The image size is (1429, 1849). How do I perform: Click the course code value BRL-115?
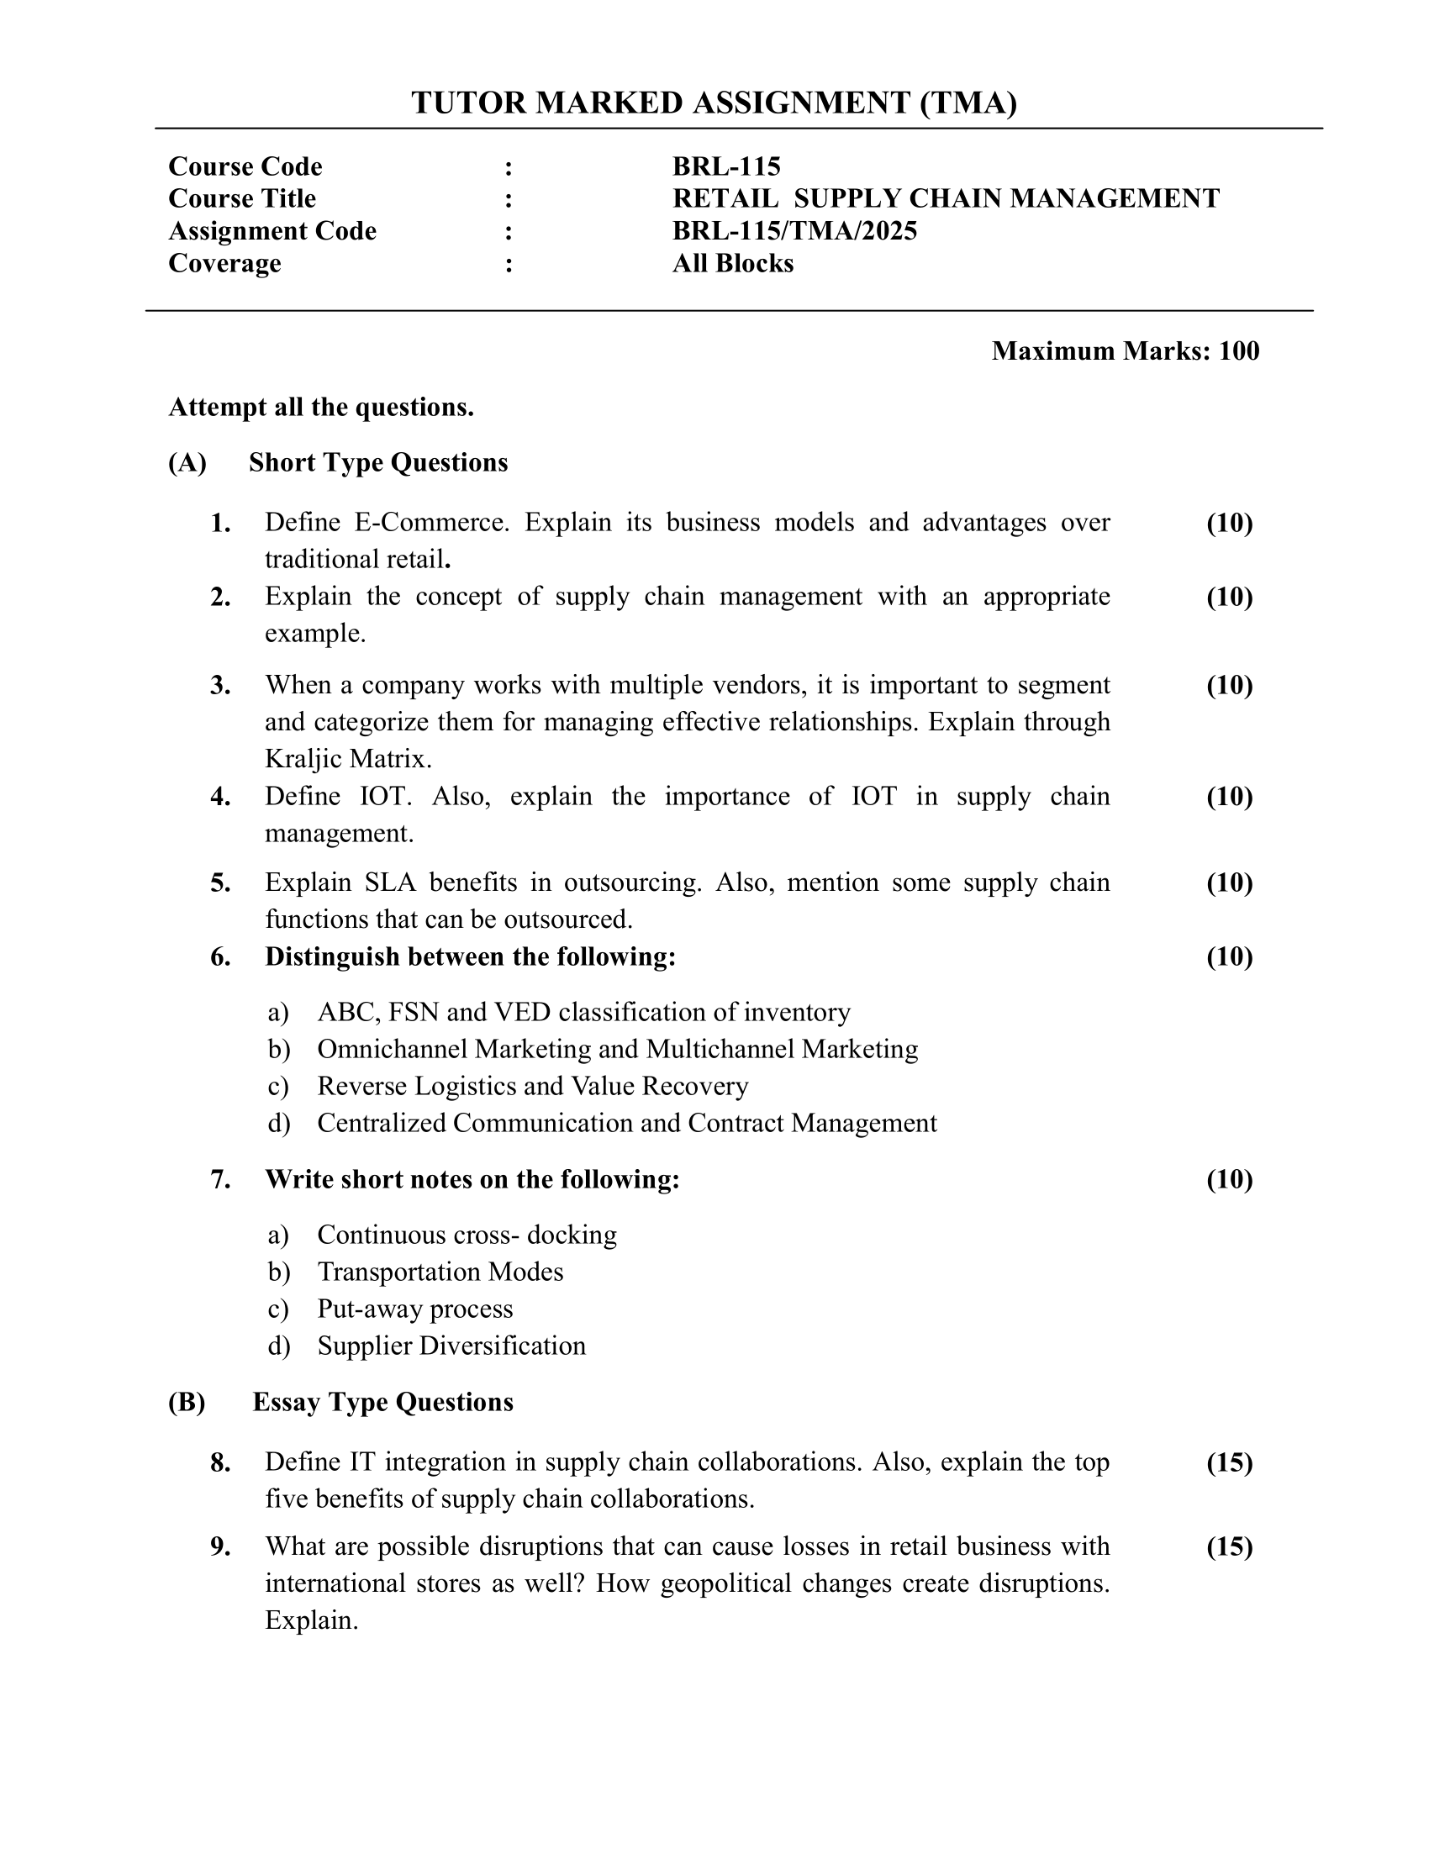click(x=726, y=166)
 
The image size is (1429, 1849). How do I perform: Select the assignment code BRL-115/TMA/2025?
click(x=794, y=231)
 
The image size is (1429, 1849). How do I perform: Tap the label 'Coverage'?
click(x=224, y=263)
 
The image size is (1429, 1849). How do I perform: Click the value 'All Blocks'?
click(x=732, y=263)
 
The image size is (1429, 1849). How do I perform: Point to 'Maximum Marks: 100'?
click(x=1124, y=350)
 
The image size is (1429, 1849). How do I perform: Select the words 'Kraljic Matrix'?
click(x=348, y=759)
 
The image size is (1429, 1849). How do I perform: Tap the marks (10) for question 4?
click(x=1229, y=797)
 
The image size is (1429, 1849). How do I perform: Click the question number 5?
click(x=220, y=883)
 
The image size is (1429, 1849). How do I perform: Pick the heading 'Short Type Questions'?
click(x=377, y=463)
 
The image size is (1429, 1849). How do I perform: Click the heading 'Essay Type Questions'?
click(x=382, y=1402)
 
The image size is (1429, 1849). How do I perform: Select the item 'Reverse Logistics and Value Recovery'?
click(x=532, y=1086)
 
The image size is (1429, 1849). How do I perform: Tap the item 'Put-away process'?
click(x=414, y=1309)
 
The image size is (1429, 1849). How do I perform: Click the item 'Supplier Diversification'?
click(x=451, y=1346)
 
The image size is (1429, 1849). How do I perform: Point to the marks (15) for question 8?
click(x=1229, y=1462)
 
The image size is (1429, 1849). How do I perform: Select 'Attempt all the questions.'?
click(x=321, y=408)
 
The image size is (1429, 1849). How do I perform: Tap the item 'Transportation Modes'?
click(x=440, y=1272)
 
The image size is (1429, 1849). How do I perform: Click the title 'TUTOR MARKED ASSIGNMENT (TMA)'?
click(x=714, y=103)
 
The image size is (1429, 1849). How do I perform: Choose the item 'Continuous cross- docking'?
click(x=467, y=1235)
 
